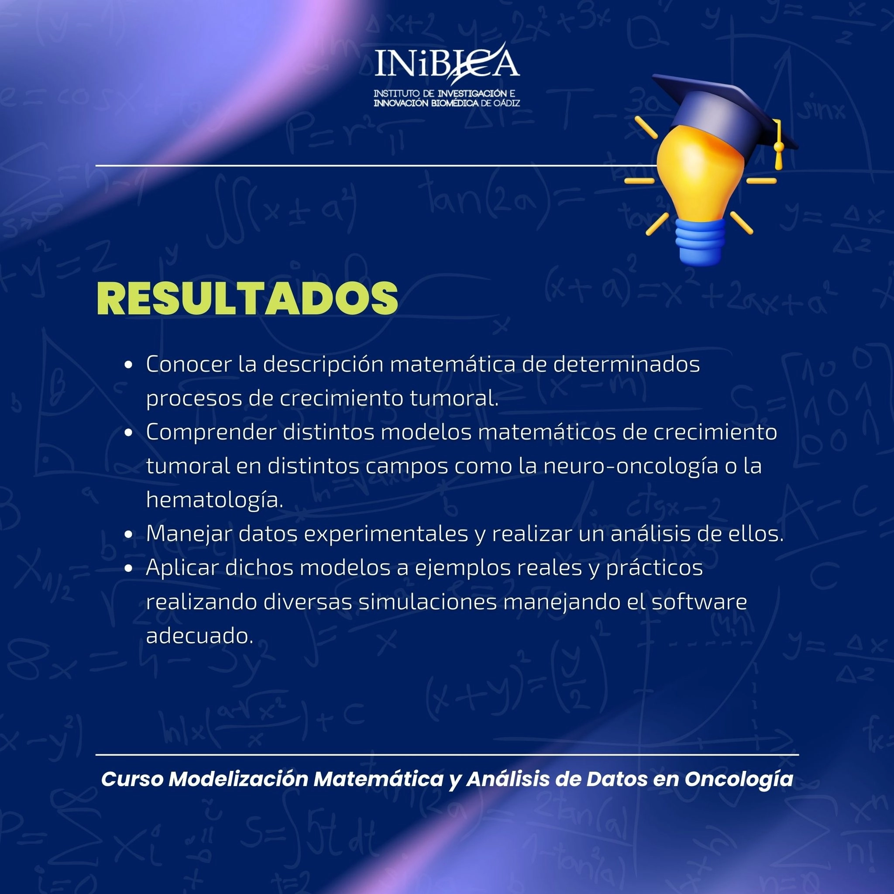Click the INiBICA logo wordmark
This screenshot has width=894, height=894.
coord(447,63)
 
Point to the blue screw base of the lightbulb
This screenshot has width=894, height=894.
coord(701,242)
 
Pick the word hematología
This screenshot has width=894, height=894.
coord(215,500)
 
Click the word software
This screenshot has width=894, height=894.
coord(699,602)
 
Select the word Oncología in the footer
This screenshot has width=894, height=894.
coord(739,779)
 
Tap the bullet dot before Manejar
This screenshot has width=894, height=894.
coord(129,534)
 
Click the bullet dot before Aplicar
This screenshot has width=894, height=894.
coord(129,568)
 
